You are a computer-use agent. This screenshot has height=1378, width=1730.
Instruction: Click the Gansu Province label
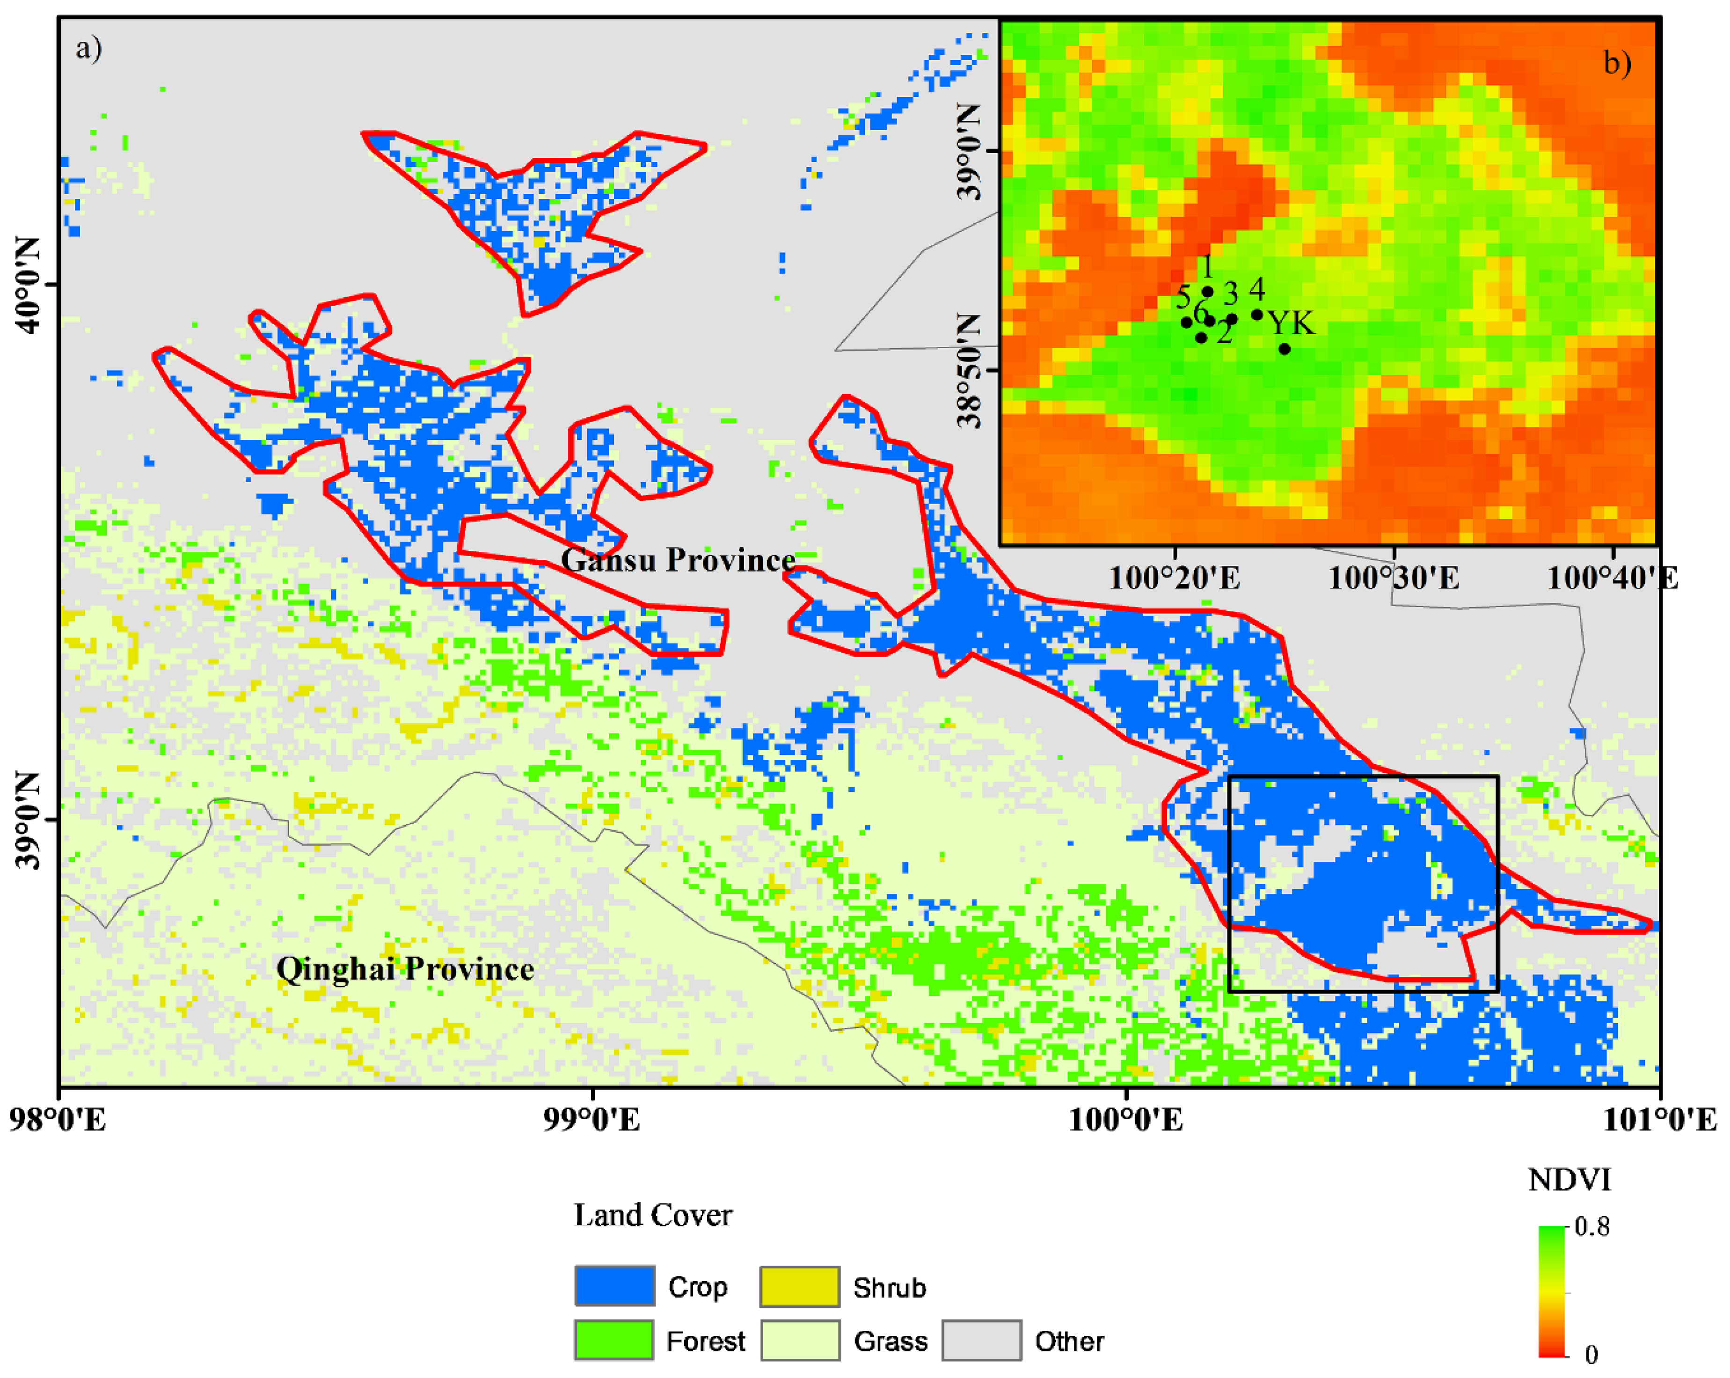(x=678, y=560)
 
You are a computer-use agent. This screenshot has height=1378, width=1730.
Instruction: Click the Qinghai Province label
(x=405, y=969)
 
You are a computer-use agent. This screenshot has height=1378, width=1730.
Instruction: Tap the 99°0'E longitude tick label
(x=592, y=1119)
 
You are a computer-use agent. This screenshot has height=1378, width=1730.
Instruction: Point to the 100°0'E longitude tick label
(x=1126, y=1119)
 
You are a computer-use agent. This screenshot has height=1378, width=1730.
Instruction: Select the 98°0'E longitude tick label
(x=58, y=1119)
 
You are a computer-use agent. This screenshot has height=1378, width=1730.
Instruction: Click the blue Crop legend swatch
(x=614, y=1287)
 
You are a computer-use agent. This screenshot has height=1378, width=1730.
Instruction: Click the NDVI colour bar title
(x=1569, y=1180)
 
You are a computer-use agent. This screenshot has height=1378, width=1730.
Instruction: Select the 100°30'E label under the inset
(x=1394, y=578)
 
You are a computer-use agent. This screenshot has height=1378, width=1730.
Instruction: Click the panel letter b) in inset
(x=1617, y=63)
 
